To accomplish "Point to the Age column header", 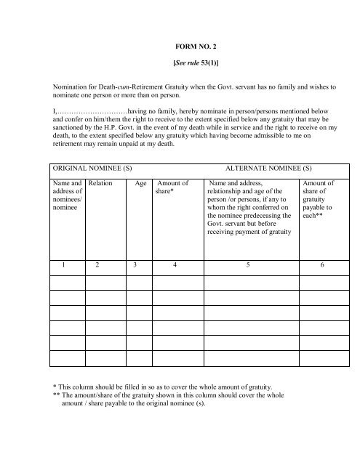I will click(x=141, y=185).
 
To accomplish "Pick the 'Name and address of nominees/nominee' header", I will click(x=64, y=198).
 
